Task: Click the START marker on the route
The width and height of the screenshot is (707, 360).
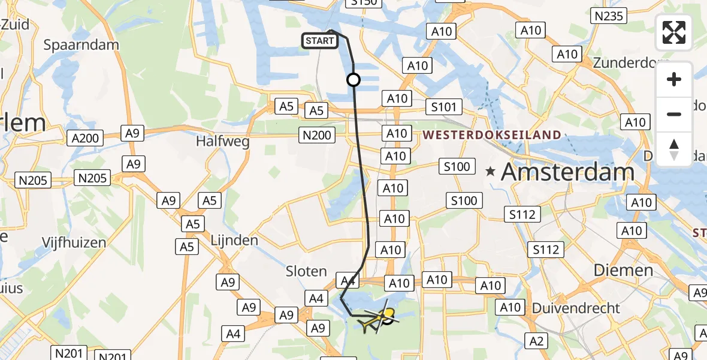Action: click(x=320, y=41)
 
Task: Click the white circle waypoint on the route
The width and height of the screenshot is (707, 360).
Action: click(x=353, y=80)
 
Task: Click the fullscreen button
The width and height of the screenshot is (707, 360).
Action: click(x=674, y=32)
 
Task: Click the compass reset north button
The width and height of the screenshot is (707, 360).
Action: click(x=674, y=149)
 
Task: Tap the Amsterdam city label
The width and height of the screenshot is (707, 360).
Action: click(x=567, y=172)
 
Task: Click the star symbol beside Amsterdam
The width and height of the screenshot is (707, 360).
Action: click(x=491, y=172)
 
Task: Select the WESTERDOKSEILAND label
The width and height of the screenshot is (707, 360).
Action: click(x=493, y=135)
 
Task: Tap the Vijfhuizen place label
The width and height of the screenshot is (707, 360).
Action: click(x=74, y=242)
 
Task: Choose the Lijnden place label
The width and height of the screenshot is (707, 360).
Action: click(x=234, y=241)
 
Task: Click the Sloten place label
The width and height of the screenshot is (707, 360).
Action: click(x=306, y=271)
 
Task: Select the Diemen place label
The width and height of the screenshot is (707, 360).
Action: click(x=623, y=270)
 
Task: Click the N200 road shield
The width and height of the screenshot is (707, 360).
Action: click(x=317, y=136)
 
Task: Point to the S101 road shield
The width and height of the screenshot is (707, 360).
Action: click(x=444, y=108)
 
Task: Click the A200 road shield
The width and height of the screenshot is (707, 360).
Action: click(x=84, y=138)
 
